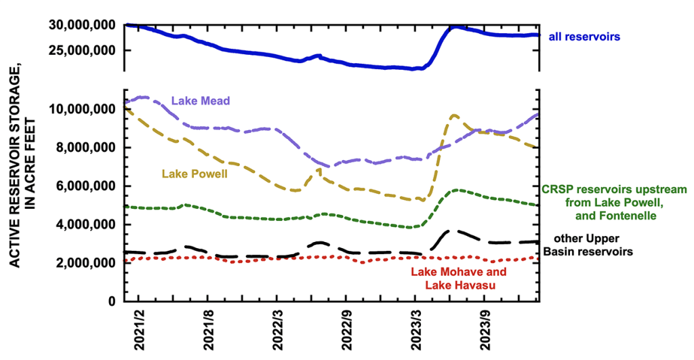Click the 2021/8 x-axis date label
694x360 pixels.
pyautogui.click(x=208, y=330)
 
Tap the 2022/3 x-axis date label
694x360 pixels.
pyautogui.click(x=277, y=330)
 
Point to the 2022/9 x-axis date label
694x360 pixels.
pyautogui.click(x=346, y=330)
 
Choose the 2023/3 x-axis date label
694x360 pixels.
pyautogui.click(x=415, y=330)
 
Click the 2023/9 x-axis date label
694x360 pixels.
pyautogui.click(x=485, y=330)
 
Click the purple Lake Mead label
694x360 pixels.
pyautogui.click(x=201, y=100)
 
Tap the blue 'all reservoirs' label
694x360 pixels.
pyautogui.click(x=584, y=37)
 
